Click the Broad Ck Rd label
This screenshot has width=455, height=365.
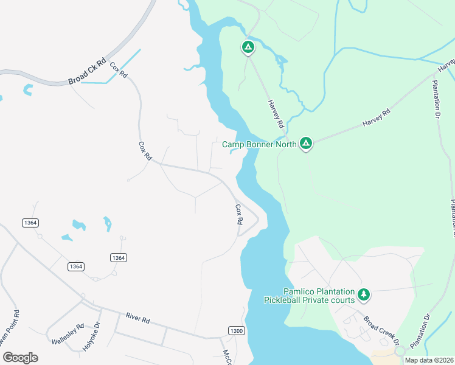click(88, 72)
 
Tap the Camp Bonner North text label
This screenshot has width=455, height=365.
click(259, 144)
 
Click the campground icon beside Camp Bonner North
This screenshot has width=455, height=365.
click(306, 144)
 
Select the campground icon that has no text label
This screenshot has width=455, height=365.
click(248, 47)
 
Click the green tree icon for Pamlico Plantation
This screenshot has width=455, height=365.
click(364, 295)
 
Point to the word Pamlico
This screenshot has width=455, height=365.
click(301, 292)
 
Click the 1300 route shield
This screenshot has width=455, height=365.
click(237, 330)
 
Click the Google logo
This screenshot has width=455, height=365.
click(20, 357)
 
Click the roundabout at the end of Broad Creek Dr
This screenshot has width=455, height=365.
click(399, 351)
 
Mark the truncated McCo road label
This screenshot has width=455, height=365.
click(227, 356)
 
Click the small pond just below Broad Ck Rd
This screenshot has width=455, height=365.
click(27, 90)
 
